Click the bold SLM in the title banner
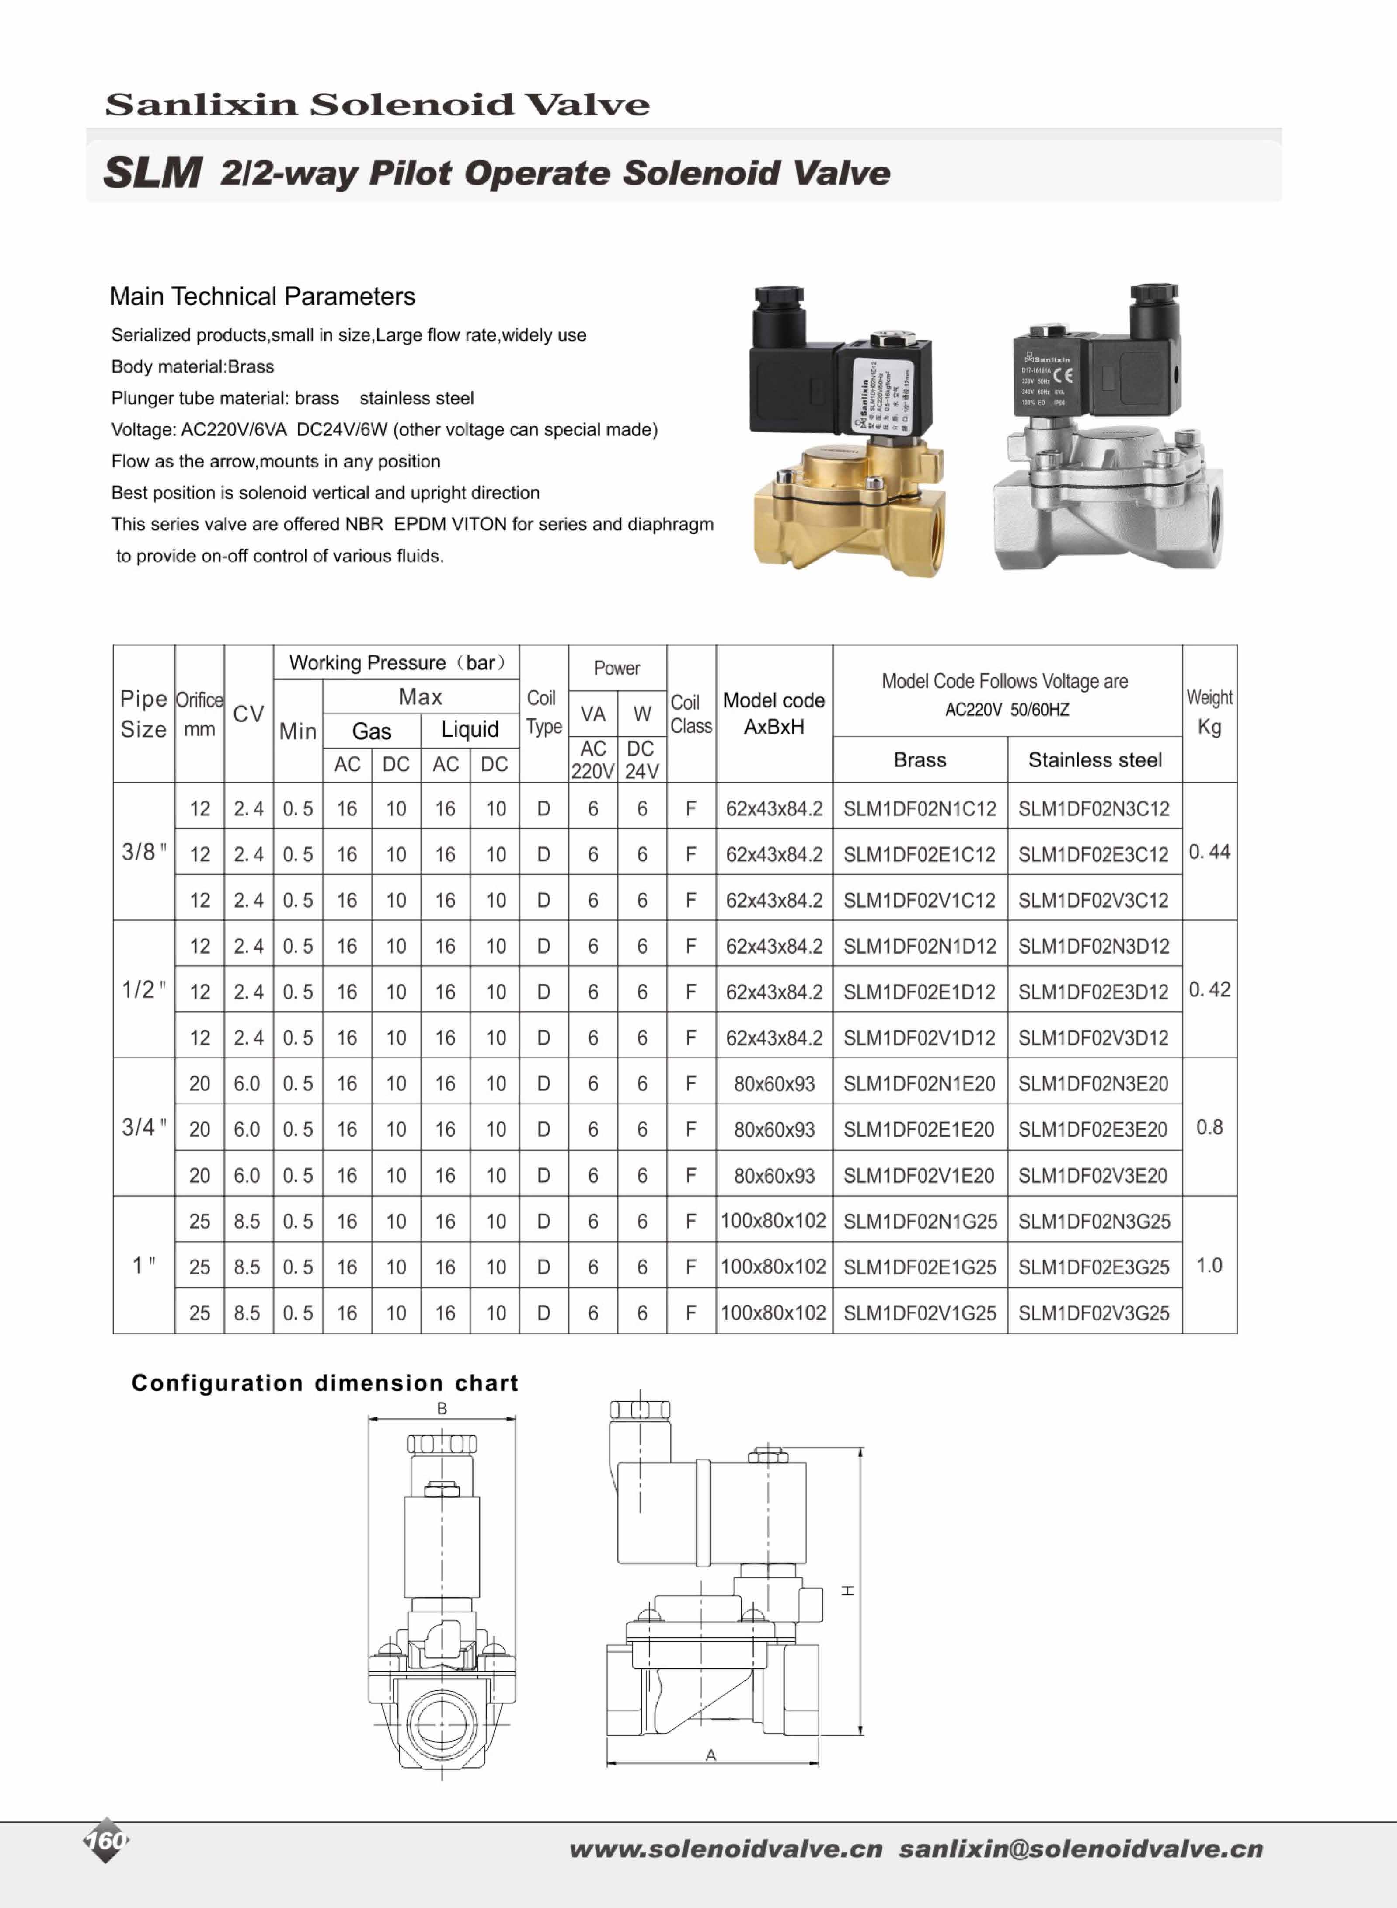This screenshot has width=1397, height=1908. (152, 172)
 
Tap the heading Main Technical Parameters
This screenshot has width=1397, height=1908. (262, 297)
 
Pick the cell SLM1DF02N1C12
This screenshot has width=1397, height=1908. (919, 809)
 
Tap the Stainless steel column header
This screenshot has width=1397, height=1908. (1094, 760)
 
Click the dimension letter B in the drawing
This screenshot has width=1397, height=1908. (442, 1408)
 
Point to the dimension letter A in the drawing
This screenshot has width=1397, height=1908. (711, 1755)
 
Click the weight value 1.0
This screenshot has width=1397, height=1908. (1209, 1266)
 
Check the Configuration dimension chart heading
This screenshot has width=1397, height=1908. (325, 1383)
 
